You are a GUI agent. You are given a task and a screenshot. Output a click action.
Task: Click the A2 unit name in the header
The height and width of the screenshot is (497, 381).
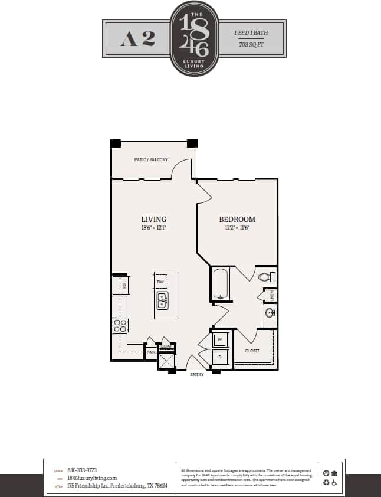click(x=138, y=38)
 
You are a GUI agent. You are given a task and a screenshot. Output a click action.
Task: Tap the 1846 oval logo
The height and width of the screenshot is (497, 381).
click(x=194, y=38)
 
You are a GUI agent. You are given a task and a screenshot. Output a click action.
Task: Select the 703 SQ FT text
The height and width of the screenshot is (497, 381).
click(x=251, y=45)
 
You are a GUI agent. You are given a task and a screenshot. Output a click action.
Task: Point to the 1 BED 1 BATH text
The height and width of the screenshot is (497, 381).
click(x=251, y=33)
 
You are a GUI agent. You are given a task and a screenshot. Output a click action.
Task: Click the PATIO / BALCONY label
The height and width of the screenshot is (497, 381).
click(x=151, y=160)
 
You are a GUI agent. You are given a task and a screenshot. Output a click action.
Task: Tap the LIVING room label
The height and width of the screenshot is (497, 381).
click(x=153, y=219)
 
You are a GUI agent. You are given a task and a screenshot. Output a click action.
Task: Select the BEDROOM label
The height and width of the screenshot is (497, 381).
click(x=237, y=219)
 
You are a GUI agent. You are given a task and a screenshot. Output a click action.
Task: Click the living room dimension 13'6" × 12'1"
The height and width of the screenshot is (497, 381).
click(x=153, y=228)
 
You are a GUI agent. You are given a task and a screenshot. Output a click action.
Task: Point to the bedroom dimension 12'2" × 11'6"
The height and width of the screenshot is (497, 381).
click(x=237, y=228)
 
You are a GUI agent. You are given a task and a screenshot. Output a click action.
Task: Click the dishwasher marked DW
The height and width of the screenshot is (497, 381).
click(x=160, y=282)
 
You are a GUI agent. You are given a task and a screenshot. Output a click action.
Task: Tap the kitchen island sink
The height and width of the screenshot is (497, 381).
click(x=162, y=300)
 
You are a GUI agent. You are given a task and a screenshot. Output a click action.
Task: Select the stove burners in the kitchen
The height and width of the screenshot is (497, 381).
click(x=120, y=325)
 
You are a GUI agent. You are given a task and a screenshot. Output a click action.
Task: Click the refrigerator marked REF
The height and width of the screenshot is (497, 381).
click(x=121, y=286)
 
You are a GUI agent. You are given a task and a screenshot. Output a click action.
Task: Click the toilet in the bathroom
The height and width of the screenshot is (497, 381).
click(x=267, y=276)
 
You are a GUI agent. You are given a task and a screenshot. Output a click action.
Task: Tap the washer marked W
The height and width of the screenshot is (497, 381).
click(x=220, y=340)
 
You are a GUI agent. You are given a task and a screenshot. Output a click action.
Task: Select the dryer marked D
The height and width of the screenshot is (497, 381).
click(x=220, y=357)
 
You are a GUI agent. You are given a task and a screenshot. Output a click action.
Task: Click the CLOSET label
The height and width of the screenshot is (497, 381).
click(x=252, y=351)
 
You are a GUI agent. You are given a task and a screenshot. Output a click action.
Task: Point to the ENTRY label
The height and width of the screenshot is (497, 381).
click(x=196, y=374)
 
